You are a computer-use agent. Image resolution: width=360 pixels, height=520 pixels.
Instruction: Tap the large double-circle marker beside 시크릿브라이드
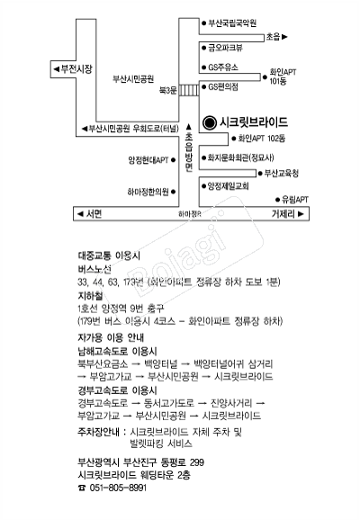click(x=209, y=121)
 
